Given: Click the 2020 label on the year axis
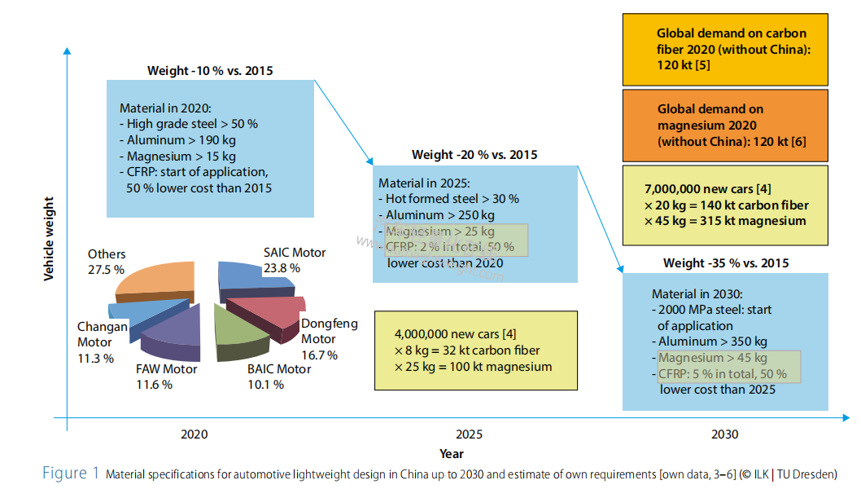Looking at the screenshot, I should coord(194,434).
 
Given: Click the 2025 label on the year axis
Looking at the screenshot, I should coord(469,434).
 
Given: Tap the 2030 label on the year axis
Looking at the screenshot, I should coord(725,434).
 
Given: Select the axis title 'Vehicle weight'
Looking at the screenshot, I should coord(49,238).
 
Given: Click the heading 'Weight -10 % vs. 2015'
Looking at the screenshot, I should coord(210,71).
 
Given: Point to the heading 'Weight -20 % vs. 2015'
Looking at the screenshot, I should coord(474,155).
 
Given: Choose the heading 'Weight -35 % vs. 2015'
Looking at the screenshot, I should coord(726,263).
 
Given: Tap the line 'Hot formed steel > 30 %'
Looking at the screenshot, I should coord(449,199).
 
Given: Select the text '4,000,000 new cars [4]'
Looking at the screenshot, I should coord(455,334).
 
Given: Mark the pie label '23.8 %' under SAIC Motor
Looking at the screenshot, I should coord(282,267).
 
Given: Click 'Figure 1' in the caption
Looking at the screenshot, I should coord(71,474).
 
